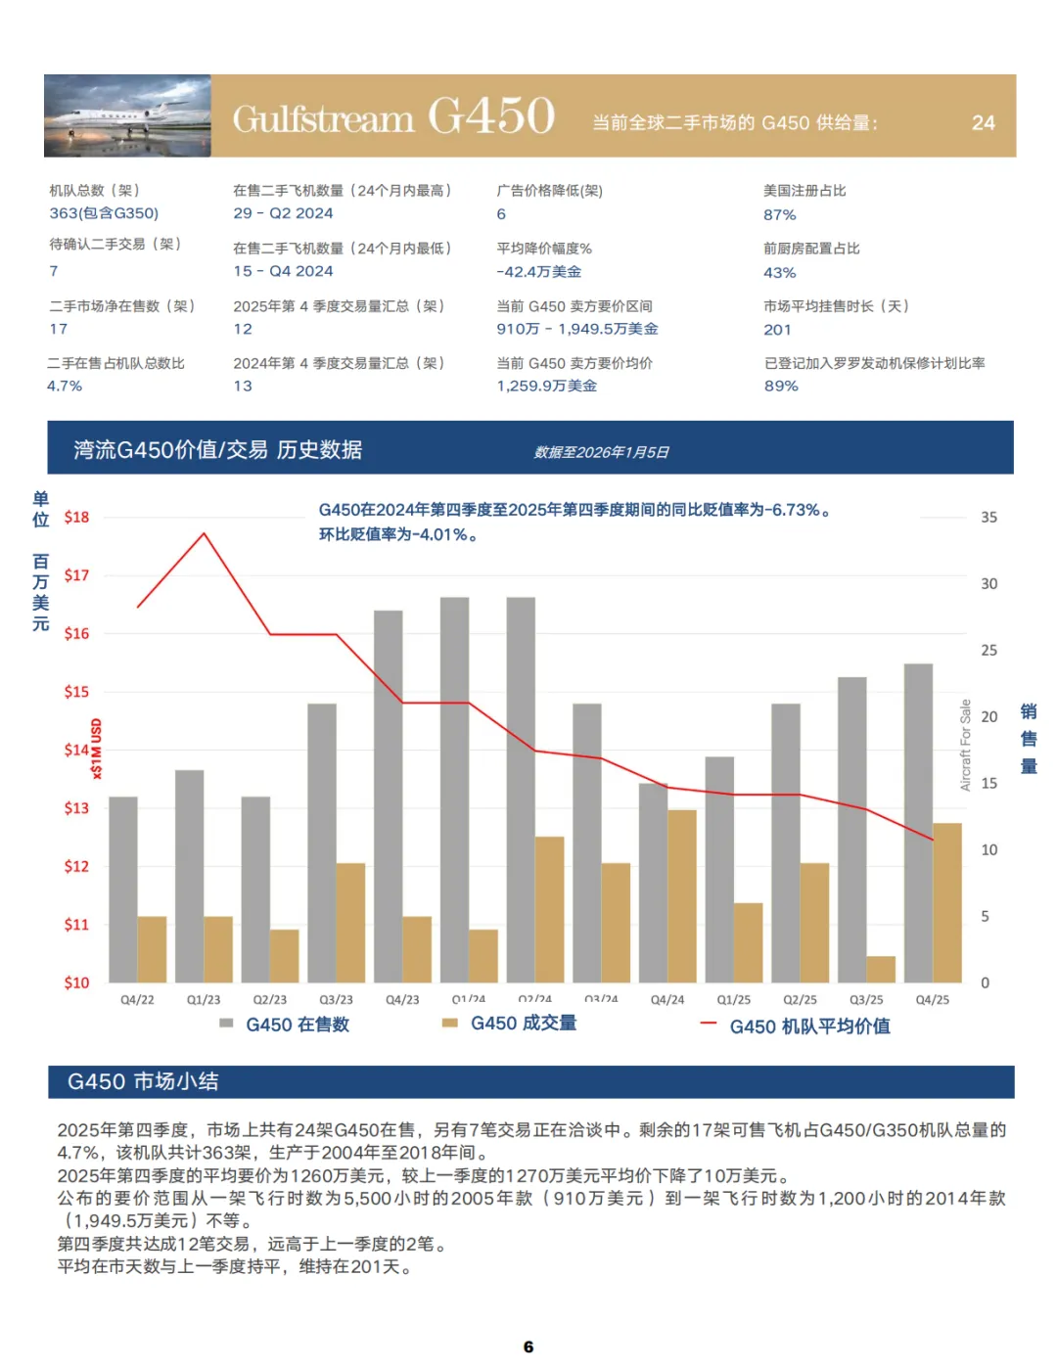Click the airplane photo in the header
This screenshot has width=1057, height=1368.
(x=127, y=115)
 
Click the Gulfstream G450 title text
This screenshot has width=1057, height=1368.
(x=393, y=117)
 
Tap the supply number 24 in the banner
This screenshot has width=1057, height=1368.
(x=983, y=123)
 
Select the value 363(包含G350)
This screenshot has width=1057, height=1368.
(x=104, y=213)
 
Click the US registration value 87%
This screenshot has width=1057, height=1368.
(x=780, y=214)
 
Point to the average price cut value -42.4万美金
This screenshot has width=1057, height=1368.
(x=538, y=272)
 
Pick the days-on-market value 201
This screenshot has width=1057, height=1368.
(x=777, y=330)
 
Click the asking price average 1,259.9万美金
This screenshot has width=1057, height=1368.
(x=546, y=387)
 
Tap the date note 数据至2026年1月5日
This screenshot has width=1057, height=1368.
(x=601, y=452)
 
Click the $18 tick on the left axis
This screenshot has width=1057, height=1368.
(x=76, y=518)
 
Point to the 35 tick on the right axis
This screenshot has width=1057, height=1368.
(x=988, y=518)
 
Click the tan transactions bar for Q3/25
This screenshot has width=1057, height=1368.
(x=881, y=969)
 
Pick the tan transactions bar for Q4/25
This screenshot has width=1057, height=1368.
(x=947, y=902)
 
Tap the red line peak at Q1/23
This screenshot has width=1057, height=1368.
(x=204, y=534)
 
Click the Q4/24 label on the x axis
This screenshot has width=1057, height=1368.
(x=667, y=1000)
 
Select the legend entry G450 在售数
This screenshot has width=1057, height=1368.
(x=297, y=1025)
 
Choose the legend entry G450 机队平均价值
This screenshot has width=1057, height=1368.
(x=809, y=1026)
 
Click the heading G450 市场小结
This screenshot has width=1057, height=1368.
(x=143, y=1082)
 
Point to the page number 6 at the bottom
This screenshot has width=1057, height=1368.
(x=528, y=1347)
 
